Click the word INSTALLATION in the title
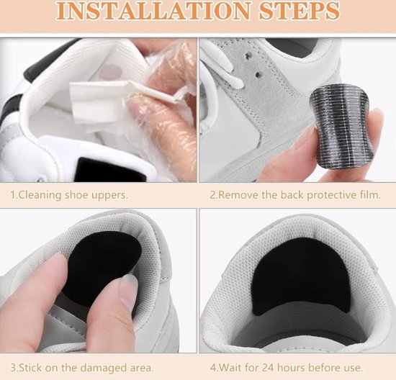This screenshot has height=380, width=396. (153, 11)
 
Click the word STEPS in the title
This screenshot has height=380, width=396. (300, 11)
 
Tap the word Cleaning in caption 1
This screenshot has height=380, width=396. (40, 195)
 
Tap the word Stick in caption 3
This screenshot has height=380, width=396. (31, 368)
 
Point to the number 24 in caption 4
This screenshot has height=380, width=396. (268, 368)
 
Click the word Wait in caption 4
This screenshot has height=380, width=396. (230, 368)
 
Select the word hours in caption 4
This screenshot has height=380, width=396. (291, 368)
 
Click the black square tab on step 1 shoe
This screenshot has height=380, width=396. (111, 169)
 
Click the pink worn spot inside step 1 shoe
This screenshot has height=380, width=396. (111, 72)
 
